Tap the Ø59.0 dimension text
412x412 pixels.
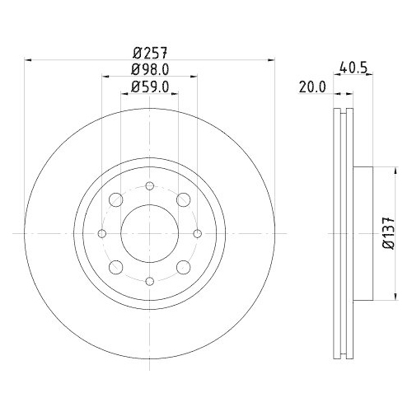point(149,85)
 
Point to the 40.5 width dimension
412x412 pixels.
point(353,69)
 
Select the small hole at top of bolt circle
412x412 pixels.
point(149,186)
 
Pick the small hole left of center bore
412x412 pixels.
point(101,234)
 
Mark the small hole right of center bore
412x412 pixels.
point(197,234)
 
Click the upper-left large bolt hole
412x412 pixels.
point(115,200)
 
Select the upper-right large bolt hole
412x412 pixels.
point(183,200)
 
